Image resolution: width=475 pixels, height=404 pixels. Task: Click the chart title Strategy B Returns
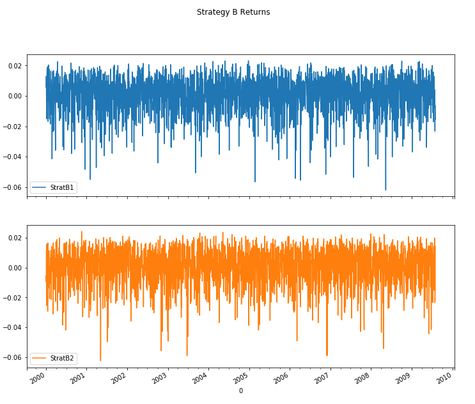coord(233,12)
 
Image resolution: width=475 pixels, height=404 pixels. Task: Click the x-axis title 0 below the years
coord(240,391)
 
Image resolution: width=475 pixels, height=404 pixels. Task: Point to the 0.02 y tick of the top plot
coord(14,66)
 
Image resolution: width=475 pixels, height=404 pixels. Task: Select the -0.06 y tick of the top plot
coord(13,187)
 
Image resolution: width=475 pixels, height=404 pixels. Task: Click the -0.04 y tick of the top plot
coord(13,157)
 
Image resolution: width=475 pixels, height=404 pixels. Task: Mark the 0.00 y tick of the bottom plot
coord(14,268)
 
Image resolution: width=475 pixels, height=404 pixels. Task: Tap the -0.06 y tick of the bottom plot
coord(13,357)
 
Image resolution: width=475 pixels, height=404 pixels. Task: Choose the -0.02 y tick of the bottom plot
coord(13,298)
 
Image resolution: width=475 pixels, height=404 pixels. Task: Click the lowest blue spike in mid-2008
coord(385,189)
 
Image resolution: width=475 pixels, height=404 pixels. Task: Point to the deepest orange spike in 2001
coord(100,360)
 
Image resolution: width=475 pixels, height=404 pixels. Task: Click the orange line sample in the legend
coord(39,358)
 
